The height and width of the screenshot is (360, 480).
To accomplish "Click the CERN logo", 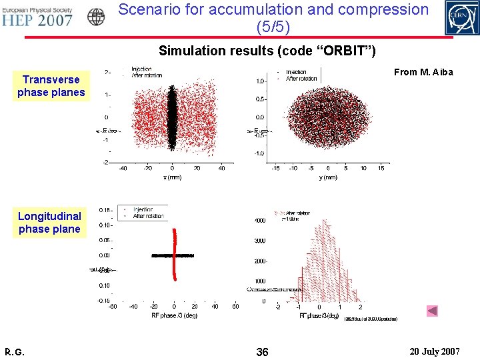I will (x=461, y=17).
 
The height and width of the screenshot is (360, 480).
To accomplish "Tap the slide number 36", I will (x=262, y=351).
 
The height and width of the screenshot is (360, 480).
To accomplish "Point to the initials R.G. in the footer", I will (x=14, y=351).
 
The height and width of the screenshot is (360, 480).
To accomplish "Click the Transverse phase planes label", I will (x=51, y=86).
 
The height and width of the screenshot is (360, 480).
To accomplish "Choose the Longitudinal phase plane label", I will (x=49, y=223).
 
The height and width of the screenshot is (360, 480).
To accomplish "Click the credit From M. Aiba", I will (x=423, y=72).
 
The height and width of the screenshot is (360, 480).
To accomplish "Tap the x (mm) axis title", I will (x=172, y=177).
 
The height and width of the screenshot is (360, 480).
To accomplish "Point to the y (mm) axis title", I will (x=328, y=177).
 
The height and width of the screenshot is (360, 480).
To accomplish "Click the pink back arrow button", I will (x=432, y=311).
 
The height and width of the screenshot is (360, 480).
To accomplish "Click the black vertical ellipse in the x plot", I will (x=172, y=117).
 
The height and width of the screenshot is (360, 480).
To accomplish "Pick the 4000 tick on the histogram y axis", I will (x=259, y=220).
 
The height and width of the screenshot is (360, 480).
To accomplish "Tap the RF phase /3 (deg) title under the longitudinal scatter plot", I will (x=174, y=315).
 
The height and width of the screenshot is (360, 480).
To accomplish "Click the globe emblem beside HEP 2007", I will (x=97, y=17).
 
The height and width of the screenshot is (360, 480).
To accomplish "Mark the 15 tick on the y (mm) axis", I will (x=381, y=169).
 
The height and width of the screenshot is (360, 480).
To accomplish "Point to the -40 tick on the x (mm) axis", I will (x=123, y=169).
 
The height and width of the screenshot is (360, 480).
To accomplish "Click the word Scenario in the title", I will (x=161, y=9).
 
